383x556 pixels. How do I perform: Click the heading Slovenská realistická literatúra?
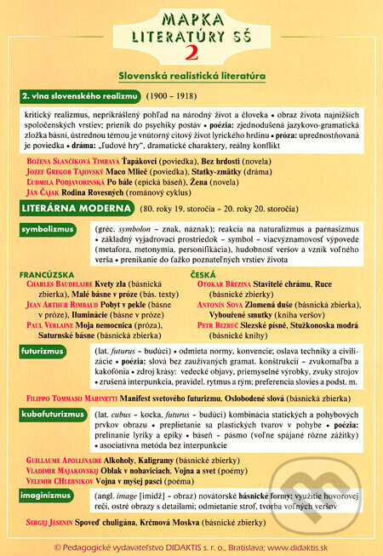[191, 76]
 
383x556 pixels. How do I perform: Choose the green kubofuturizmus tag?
[55, 415]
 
